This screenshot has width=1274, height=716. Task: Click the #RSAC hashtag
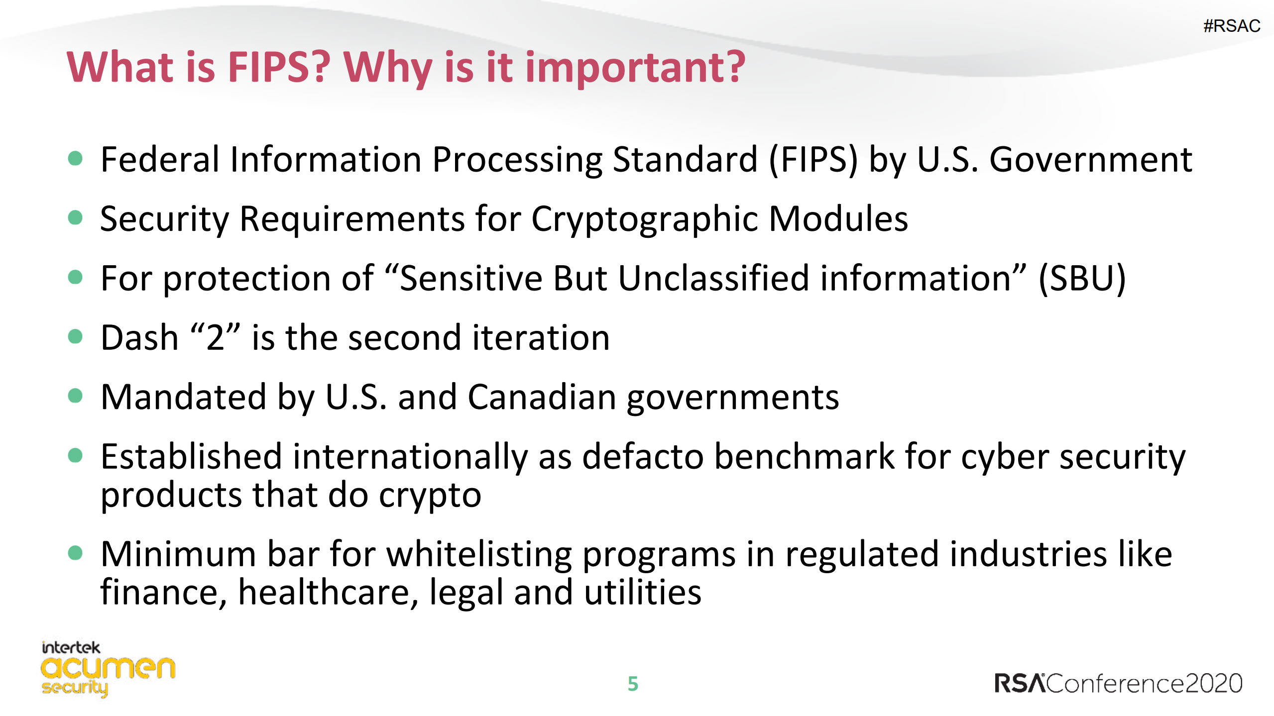tap(1232, 26)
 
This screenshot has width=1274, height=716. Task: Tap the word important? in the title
tap(635, 69)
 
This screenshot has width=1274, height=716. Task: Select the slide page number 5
tap(633, 684)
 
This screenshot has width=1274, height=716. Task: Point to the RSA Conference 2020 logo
tap(1118, 683)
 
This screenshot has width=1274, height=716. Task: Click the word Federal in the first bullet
tap(160, 159)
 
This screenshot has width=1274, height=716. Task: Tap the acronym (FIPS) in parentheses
tap(813, 160)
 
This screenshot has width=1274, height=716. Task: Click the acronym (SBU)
tap(1082, 278)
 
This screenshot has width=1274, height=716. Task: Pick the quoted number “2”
tap(216, 337)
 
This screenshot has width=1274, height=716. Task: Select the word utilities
tap(643, 592)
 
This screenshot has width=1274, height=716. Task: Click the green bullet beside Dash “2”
tap(75, 336)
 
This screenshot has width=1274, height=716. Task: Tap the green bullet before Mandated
tap(75, 396)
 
